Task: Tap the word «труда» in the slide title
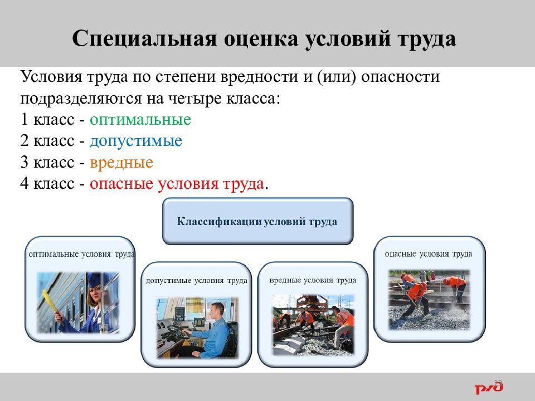[x=426, y=40]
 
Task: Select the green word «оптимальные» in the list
[x=140, y=120]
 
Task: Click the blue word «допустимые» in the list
[x=135, y=141]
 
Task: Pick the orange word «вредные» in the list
[x=121, y=163]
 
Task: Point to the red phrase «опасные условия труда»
[x=177, y=184]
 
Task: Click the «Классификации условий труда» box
[x=257, y=221]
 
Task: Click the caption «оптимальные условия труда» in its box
[x=81, y=254]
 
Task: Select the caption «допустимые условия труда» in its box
[x=196, y=281]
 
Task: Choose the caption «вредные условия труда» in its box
[x=312, y=280]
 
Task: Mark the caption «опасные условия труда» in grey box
[x=428, y=254]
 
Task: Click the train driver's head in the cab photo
[x=218, y=310]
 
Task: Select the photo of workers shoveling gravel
[x=428, y=300]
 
